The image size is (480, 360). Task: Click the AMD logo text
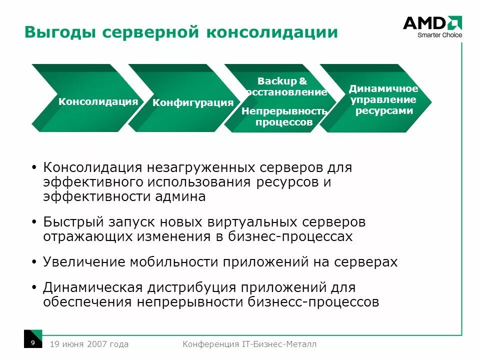[x=424, y=23]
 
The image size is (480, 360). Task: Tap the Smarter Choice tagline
[x=439, y=35]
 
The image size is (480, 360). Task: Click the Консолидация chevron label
[x=98, y=101]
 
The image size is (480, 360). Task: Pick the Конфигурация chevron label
[x=193, y=103]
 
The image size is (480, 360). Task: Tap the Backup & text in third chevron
[x=282, y=81]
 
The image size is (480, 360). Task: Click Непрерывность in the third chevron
[x=284, y=111]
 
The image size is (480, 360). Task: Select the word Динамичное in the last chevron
[x=383, y=89]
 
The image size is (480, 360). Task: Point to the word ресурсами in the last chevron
[x=384, y=111]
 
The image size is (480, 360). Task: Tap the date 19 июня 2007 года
[x=89, y=344]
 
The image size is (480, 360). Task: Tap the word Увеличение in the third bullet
[x=84, y=261]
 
